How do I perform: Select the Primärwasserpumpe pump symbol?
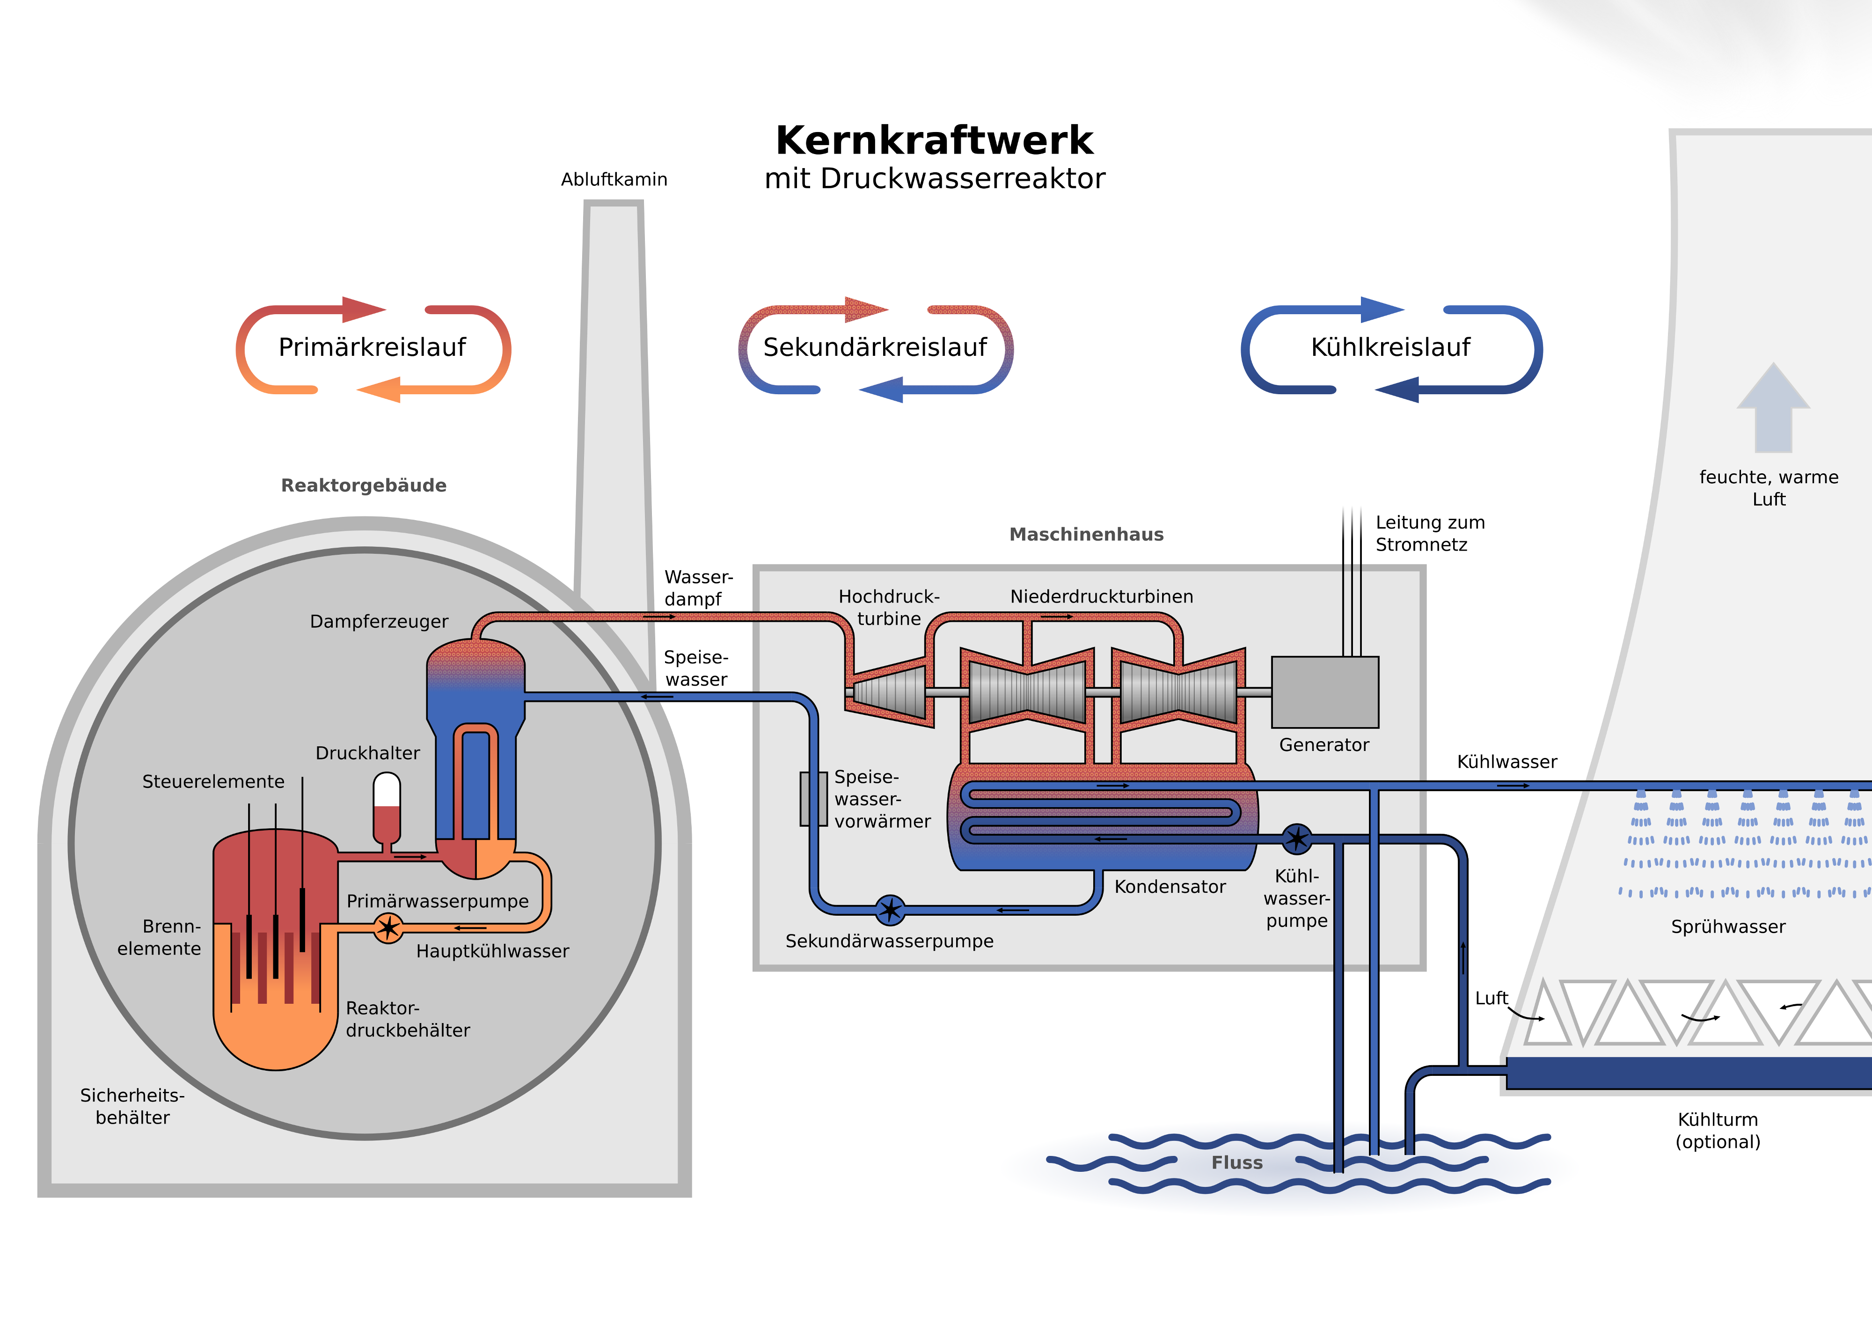[x=388, y=927]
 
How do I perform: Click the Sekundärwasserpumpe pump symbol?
[x=890, y=910]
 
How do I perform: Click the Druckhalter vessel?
[x=387, y=808]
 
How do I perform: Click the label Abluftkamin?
[x=614, y=179]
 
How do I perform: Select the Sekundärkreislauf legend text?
[x=875, y=347]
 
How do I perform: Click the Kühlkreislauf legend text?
[x=1390, y=347]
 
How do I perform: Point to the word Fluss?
[x=1237, y=1162]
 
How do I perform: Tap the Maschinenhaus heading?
[x=1086, y=534]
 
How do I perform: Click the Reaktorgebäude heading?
[x=364, y=485]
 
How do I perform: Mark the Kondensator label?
[x=1170, y=887]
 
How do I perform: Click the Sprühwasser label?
[x=1728, y=927]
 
